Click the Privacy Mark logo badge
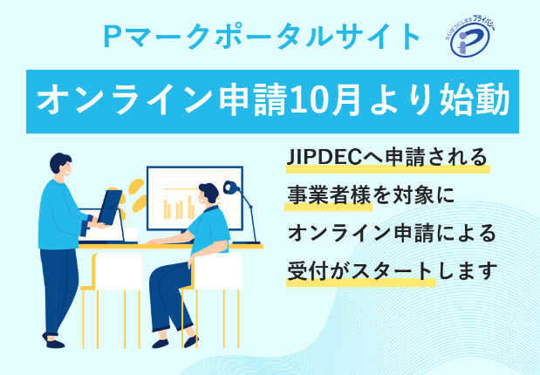point(475,37)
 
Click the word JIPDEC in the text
point(323,159)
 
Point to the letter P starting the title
point(111,36)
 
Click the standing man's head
point(60,166)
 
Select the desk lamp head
point(232,187)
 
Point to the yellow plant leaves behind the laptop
point(135,196)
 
